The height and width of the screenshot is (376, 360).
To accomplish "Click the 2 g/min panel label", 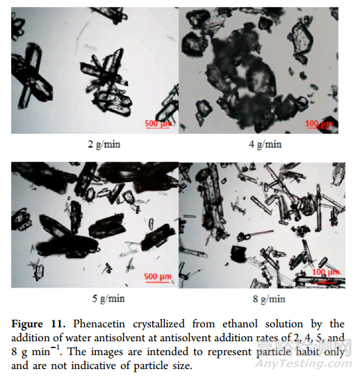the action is click(x=104, y=145).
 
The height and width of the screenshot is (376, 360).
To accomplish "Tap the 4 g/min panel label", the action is click(x=265, y=145).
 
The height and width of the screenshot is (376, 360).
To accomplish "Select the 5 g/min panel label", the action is click(x=108, y=299).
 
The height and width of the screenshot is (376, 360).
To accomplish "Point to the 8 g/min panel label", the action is click(x=269, y=300).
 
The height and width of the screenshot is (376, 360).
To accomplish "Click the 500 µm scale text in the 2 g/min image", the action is click(x=158, y=124).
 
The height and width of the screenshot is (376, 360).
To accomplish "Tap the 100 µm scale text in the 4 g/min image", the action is click(x=319, y=124).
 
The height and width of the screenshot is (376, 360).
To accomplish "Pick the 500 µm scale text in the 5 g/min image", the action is click(x=158, y=276).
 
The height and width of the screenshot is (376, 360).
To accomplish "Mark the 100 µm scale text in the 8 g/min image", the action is click(x=326, y=272).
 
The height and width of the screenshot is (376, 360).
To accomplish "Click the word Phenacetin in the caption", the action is click(x=99, y=324).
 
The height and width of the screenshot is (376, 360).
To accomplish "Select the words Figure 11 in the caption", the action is click(x=38, y=324).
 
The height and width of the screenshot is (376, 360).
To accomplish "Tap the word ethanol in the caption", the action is click(x=240, y=324).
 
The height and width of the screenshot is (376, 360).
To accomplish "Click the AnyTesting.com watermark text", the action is click(x=304, y=364).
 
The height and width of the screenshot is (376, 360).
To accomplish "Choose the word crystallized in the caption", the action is click(x=158, y=324).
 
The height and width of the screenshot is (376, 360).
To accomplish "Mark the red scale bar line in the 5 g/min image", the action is click(x=157, y=282).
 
